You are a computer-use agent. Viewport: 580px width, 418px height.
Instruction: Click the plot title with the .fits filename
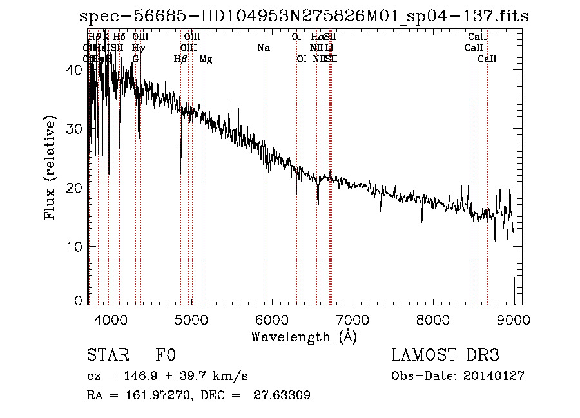tap(304, 17)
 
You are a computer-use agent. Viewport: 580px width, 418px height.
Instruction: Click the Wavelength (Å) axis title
tap(304, 336)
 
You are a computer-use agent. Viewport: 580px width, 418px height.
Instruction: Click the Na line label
tap(263, 48)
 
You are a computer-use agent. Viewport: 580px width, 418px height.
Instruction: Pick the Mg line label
tap(206, 59)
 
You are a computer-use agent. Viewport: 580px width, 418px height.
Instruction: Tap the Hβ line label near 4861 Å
tap(180, 59)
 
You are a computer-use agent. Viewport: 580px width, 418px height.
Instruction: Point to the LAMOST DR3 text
tap(445, 356)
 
